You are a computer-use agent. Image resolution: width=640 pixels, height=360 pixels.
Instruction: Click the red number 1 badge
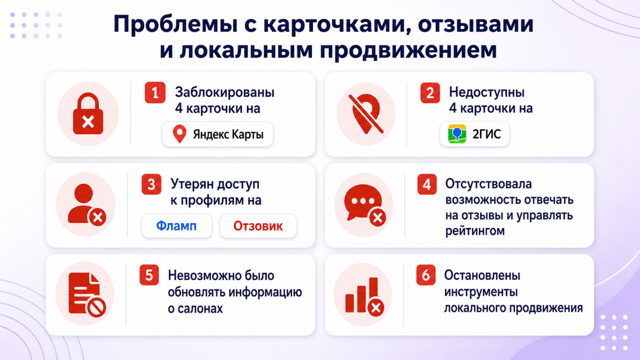pos(155,92)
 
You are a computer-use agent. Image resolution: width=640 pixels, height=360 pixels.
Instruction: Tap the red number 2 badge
pos(430,92)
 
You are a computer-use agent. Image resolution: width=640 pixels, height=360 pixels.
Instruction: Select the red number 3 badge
pos(152,184)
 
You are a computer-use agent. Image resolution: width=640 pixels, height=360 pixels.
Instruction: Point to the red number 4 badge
pos(427,184)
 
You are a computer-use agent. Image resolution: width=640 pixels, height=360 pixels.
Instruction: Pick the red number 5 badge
pos(149,275)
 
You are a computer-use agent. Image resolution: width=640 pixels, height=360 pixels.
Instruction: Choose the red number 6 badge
pos(426,275)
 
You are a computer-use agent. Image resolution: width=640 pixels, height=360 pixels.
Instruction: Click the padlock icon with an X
pos(88,114)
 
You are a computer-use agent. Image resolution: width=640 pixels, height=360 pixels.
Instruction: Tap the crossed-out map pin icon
pos(366,114)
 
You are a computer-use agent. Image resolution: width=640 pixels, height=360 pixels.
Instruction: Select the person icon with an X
pos(87,205)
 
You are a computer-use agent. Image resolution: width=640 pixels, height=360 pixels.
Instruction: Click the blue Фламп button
pos(176,226)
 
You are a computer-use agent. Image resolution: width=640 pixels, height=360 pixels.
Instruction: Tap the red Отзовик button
pos(258,226)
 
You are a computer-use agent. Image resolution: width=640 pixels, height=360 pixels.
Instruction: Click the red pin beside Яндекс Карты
pos(180,134)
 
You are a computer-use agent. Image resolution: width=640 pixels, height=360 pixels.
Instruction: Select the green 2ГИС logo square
pos(457,134)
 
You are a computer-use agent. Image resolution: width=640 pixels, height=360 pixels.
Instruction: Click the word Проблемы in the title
pos(176,24)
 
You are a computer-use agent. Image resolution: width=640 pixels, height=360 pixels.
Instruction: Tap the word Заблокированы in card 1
pos(224,92)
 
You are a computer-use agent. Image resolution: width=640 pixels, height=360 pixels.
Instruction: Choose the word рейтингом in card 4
pos(475,231)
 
